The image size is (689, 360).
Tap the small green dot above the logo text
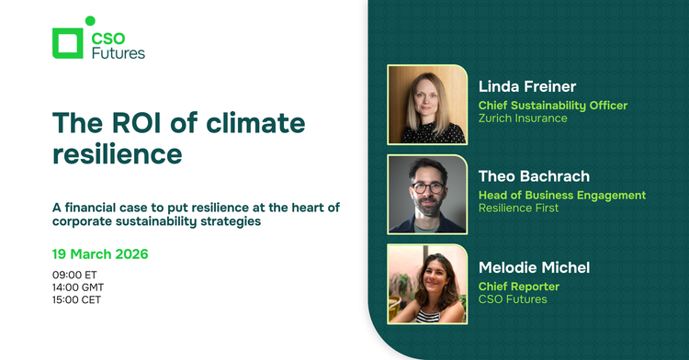(89, 21)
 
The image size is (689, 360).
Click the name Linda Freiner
(527, 86)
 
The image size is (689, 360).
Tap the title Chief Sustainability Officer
(553, 105)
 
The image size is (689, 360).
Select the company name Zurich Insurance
(523, 118)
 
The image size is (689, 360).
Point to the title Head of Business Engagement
(562, 195)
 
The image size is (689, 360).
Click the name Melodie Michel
(535, 266)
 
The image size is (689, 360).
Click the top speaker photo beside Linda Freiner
(427, 104)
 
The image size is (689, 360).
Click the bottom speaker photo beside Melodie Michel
(427, 284)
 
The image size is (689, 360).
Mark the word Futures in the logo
(118, 52)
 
